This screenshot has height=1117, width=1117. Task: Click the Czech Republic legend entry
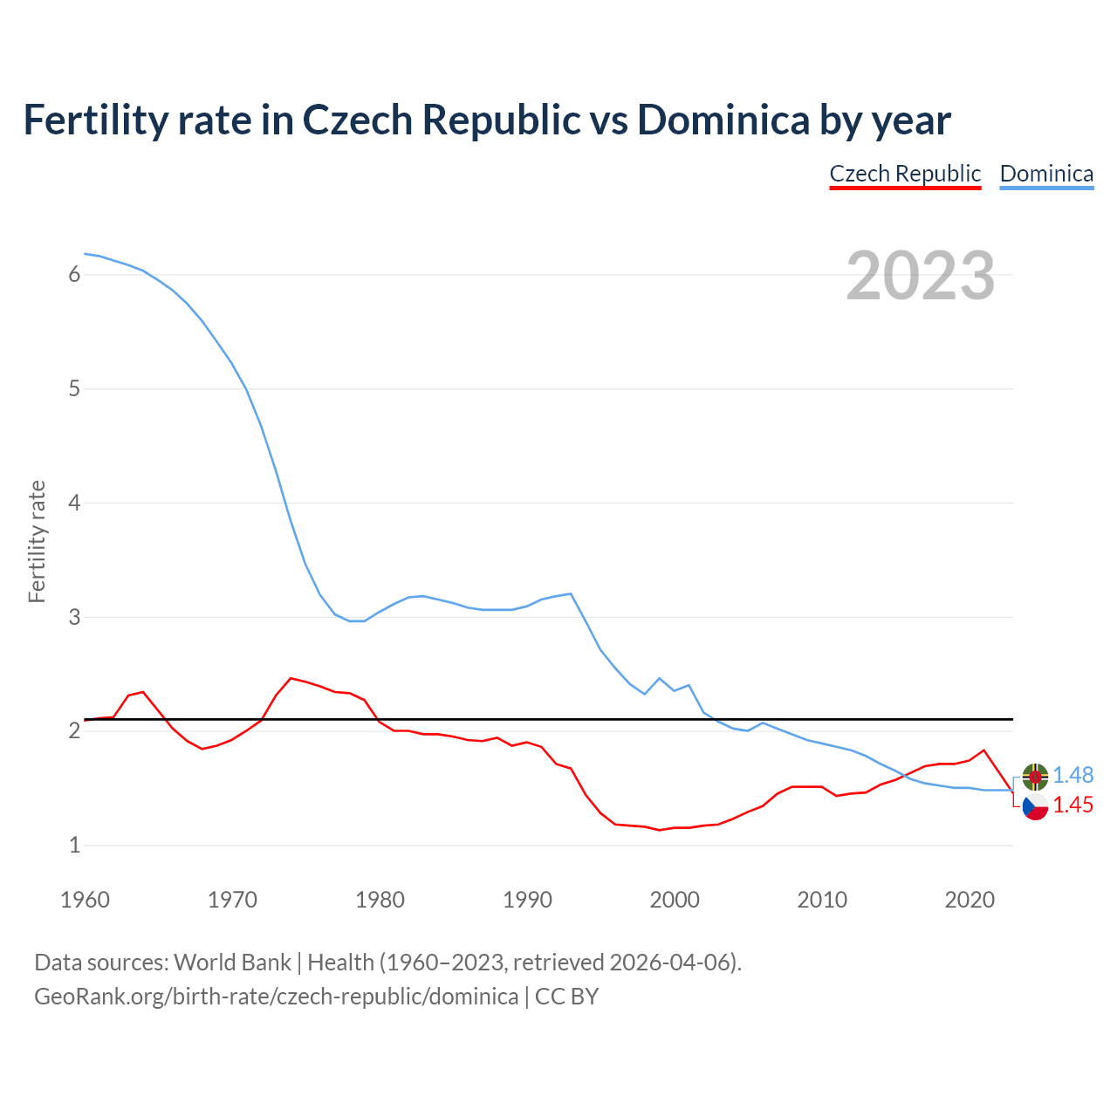[905, 174]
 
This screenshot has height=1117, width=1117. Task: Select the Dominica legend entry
[1046, 174]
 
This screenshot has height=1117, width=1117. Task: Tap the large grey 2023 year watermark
[920, 276]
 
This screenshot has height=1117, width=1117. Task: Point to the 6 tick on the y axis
[74, 275]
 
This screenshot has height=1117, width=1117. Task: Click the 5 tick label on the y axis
[74, 388]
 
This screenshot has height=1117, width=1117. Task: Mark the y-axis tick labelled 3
[74, 617]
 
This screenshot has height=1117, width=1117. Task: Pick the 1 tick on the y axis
[74, 845]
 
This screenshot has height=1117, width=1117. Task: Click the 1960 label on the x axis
[85, 900]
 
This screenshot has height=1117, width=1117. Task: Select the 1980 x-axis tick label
[380, 900]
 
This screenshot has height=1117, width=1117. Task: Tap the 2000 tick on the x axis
[675, 900]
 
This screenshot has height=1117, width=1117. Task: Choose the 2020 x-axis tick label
[970, 900]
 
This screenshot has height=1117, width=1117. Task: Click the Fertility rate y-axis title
[37, 541]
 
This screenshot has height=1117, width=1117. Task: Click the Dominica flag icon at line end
[1035, 776]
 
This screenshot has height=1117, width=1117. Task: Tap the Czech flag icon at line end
[1035, 806]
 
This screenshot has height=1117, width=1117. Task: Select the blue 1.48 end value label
[1072, 775]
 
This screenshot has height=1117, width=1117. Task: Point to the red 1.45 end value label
[1072, 805]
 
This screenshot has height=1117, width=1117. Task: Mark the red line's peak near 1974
[291, 678]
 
